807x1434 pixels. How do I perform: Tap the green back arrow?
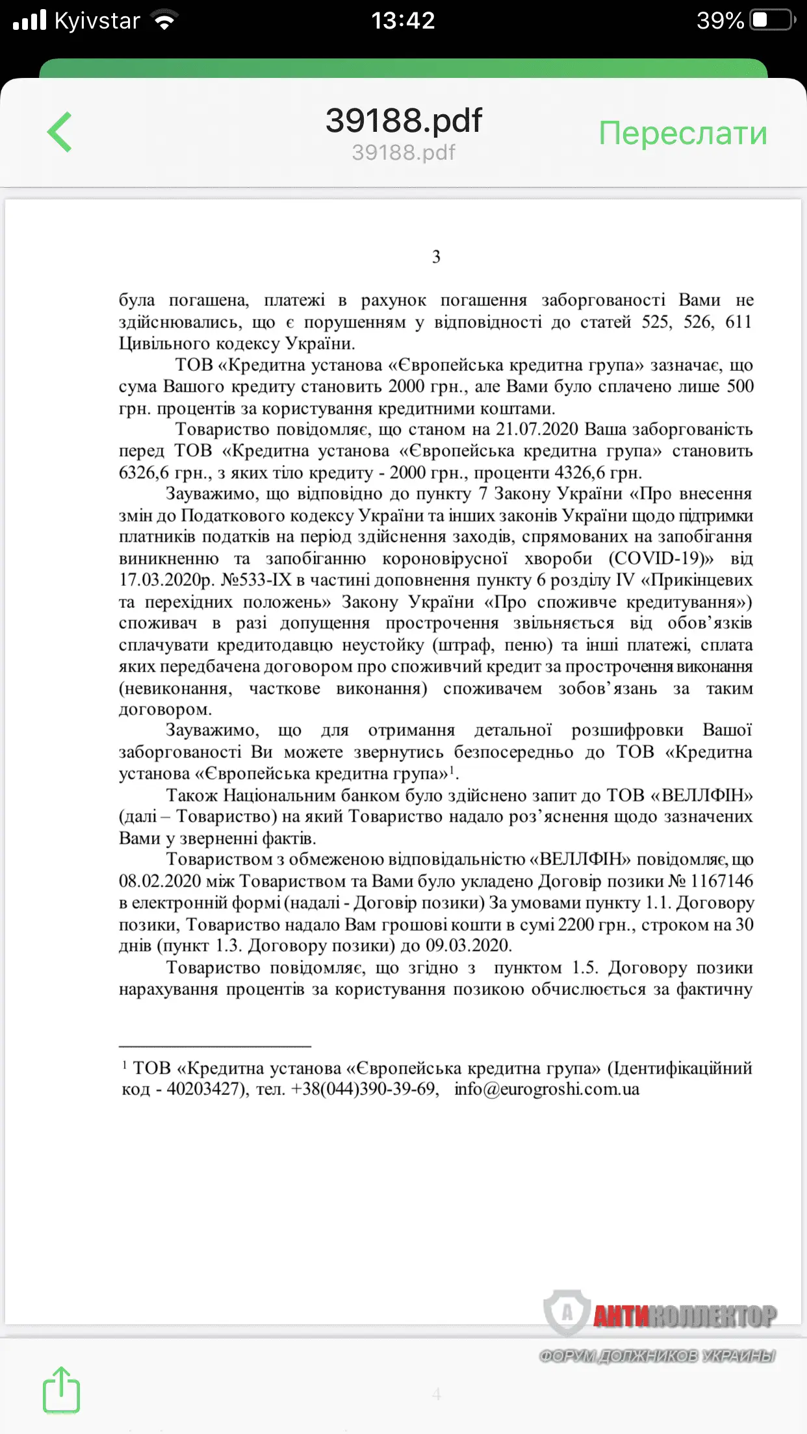(59, 132)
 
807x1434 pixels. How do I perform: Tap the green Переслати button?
(682, 133)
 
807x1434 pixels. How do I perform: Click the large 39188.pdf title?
(403, 120)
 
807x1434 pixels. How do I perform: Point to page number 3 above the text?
(436, 257)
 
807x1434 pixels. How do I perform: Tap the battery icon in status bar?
(772, 21)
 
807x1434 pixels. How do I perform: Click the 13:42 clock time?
(403, 21)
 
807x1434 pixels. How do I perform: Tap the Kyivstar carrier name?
(97, 21)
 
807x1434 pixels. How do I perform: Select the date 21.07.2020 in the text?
(537, 429)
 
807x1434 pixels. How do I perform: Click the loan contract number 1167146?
(721, 881)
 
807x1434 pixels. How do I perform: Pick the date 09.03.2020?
(468, 946)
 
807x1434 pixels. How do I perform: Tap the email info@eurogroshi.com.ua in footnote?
(546, 1089)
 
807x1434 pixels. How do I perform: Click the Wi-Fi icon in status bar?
(165, 21)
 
